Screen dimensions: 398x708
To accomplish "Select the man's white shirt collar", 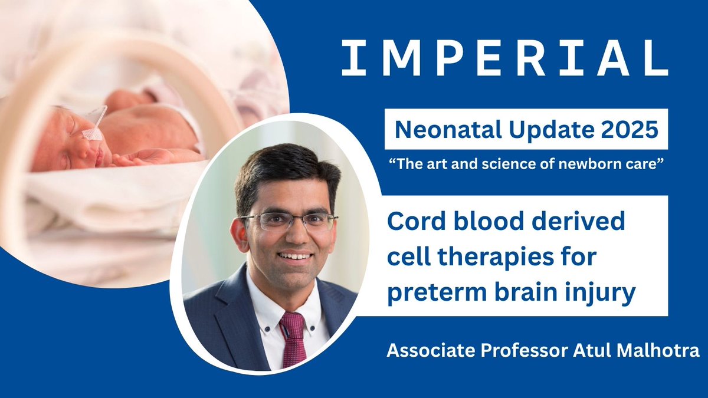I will [263, 301].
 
